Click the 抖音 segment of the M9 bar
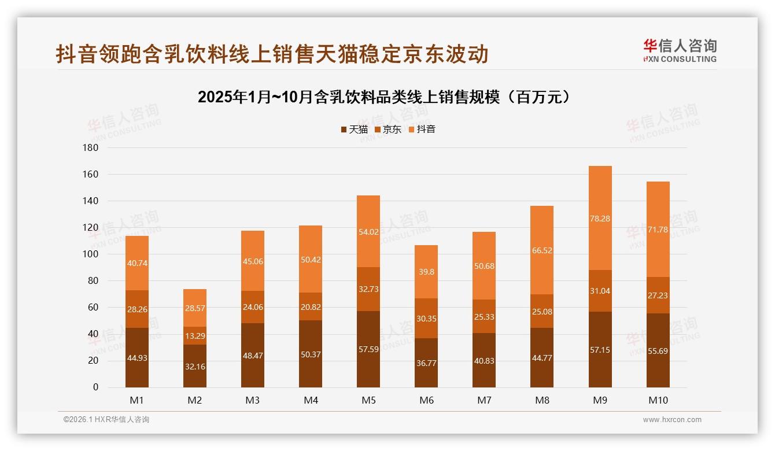pyautogui.click(x=600, y=197)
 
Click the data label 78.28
pyautogui.click(x=600, y=219)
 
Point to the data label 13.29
pyautogui.click(x=195, y=336)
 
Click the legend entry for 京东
pyautogui.click(x=388, y=130)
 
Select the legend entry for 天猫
pyautogui.click(x=354, y=130)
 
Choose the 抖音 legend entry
pyautogui.click(x=422, y=130)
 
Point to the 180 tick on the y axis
pyautogui.click(x=92, y=148)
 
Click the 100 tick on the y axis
pyautogui.click(x=92, y=254)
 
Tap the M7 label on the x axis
pyautogui.click(x=484, y=400)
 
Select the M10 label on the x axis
pyautogui.click(x=658, y=400)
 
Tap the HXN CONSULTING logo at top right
pyautogui.click(x=680, y=51)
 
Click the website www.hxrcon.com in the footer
pyautogui.click(x=672, y=420)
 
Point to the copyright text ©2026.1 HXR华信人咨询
pyautogui.click(x=106, y=420)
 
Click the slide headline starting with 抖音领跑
pyautogui.click(x=272, y=54)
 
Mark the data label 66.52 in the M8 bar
pyautogui.click(x=542, y=250)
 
